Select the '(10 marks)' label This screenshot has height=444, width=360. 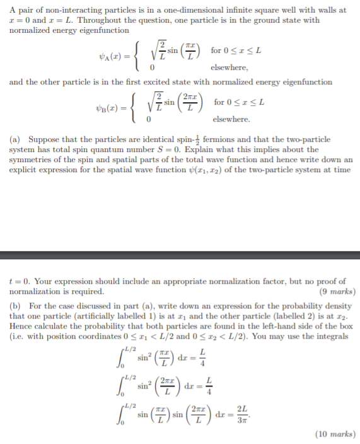coord(336,433)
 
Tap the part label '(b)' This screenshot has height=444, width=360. coord(17,305)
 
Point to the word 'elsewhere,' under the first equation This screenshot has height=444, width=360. coord(229,67)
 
